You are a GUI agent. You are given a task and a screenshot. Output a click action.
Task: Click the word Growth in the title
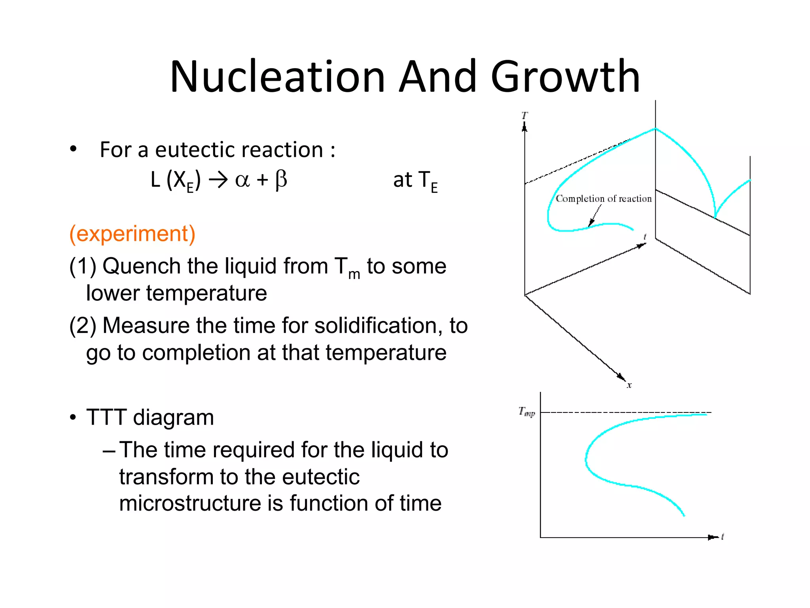565,76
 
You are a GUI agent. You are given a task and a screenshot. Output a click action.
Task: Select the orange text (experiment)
132,234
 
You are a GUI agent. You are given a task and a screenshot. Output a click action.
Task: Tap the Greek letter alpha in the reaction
242,180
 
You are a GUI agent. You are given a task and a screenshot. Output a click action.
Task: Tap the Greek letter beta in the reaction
281,180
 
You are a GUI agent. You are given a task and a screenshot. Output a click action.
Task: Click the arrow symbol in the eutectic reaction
218,180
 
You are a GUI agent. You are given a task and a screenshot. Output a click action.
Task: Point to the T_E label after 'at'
428,181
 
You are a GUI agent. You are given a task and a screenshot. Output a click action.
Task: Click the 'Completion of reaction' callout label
603,199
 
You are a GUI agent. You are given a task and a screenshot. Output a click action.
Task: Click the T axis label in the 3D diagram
524,116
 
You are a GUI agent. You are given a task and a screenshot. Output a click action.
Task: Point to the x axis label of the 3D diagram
629,385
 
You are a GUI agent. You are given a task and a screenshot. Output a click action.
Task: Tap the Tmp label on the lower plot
527,412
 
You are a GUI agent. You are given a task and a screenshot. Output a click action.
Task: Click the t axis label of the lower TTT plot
723,537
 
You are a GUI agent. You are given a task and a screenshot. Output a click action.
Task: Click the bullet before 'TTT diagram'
73,418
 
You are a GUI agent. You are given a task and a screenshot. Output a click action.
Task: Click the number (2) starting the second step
82,326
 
